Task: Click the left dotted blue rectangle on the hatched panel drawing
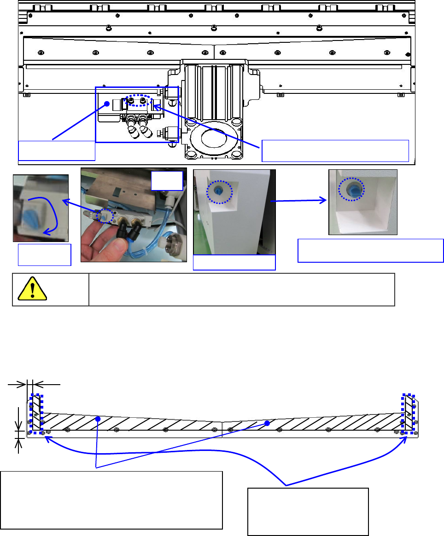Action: [x=36, y=414]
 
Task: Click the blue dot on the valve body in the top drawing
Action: [x=106, y=104]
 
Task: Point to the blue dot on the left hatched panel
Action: [x=98, y=419]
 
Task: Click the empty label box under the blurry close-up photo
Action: [x=44, y=254]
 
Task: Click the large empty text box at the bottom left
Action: [x=111, y=500]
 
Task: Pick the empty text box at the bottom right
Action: [x=308, y=512]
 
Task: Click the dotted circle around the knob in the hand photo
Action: [x=105, y=215]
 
